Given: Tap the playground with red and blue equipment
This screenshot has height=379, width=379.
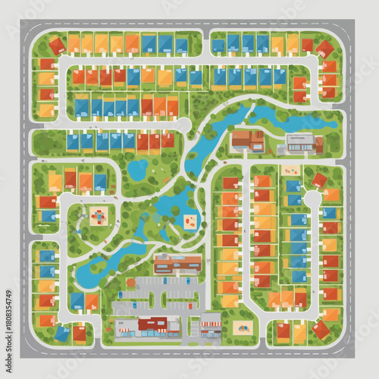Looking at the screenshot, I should click(x=99, y=216).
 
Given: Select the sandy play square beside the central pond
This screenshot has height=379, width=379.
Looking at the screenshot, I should click(x=190, y=221).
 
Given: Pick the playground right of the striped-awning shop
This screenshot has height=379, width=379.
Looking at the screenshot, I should click(x=243, y=327).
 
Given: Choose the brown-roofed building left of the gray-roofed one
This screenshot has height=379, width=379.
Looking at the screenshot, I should click(x=247, y=139).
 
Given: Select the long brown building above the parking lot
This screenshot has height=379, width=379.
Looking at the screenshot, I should click(x=178, y=263).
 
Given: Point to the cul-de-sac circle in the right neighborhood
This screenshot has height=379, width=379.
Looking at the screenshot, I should click(x=312, y=199).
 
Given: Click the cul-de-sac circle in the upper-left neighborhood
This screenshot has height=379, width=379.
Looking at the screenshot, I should click(x=182, y=124).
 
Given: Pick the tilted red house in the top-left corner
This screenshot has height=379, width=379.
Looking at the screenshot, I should click(x=49, y=64).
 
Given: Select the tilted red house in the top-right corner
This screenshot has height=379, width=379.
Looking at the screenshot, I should click(x=324, y=49).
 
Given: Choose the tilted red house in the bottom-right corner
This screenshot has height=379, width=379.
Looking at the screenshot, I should click(x=321, y=330).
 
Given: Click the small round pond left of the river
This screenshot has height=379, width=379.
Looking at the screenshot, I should click(x=138, y=168).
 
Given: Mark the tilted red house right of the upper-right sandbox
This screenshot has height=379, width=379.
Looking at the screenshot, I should click(x=320, y=180).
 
